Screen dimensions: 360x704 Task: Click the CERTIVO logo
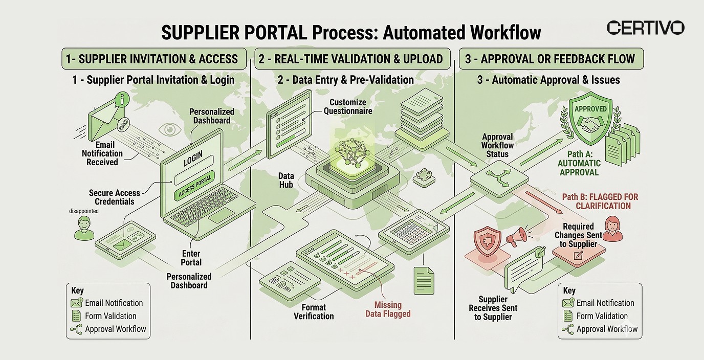645,28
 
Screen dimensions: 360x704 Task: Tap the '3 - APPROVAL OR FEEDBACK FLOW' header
550,59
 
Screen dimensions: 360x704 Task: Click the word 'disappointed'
84,211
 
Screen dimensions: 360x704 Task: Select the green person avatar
84,228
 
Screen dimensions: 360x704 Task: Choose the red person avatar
612,229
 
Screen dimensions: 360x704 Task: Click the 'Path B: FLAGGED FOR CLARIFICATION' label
600,201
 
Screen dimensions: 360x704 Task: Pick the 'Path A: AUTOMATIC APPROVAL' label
579,163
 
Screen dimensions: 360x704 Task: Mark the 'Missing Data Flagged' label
388,309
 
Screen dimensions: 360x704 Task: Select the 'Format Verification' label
314,311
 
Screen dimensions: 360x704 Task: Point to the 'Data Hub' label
286,179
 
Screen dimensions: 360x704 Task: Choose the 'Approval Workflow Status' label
497,145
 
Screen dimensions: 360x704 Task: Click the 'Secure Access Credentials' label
114,197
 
